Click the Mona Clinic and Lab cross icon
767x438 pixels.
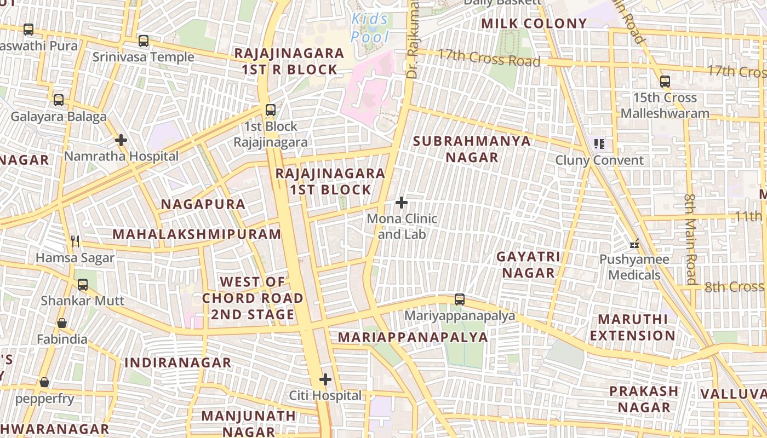tap(402, 203)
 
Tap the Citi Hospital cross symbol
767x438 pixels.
tap(325, 379)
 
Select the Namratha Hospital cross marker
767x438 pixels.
tap(121, 140)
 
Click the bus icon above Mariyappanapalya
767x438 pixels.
tap(460, 299)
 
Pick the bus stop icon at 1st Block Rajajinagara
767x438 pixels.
tap(271, 110)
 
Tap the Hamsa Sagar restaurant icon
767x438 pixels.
tap(76, 241)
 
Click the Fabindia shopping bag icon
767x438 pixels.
tap(62, 323)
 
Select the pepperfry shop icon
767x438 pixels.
tap(44, 382)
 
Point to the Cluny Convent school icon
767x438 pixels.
tap(599, 144)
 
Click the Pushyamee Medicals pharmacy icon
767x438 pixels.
tap(634, 244)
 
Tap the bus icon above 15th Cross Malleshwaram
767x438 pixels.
tap(665, 82)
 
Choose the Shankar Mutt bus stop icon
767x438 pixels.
tap(83, 285)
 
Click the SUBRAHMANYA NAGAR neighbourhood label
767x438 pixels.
tap(472, 149)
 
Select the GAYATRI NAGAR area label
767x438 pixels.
tap(529, 264)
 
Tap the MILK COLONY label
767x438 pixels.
tap(534, 24)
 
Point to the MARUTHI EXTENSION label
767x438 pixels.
tap(633, 327)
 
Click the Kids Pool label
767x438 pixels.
tap(370, 28)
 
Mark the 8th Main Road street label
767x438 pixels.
tap(690, 238)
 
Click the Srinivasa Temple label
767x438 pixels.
tap(143, 57)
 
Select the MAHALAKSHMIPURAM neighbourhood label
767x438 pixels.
tap(197, 234)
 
